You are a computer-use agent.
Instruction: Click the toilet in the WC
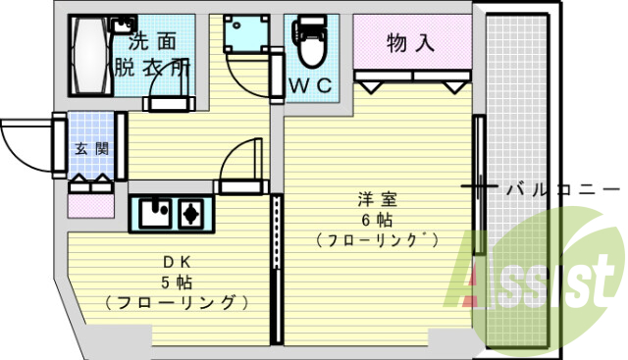point(310,45)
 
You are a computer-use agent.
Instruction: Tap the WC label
point(313,86)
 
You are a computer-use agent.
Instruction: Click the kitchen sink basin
point(154,212)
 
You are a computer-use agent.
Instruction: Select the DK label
point(177,262)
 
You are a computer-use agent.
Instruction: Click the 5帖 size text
point(177,282)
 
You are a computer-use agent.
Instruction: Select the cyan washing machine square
point(241,37)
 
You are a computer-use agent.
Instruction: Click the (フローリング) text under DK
point(176,302)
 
